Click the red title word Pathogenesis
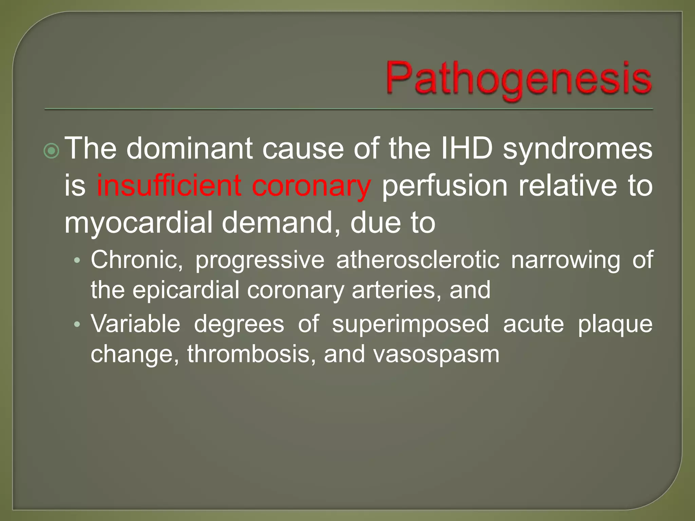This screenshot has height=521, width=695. pyautogui.click(x=519, y=79)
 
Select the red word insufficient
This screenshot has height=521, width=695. pyautogui.click(x=168, y=186)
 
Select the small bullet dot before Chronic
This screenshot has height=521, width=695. pyautogui.click(x=77, y=260)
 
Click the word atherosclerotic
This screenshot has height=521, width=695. pyautogui.click(x=418, y=260)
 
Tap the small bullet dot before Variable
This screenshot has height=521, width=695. pyautogui.click(x=77, y=324)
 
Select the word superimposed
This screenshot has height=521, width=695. pyautogui.click(x=410, y=324)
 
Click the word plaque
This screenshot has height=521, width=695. pyautogui.click(x=615, y=324)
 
